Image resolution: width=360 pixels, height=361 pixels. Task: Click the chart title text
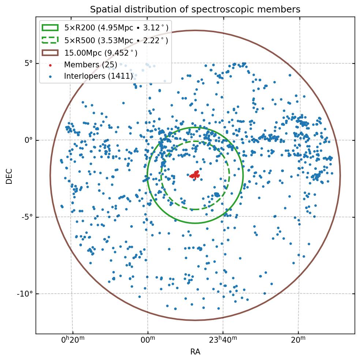tap(195, 10)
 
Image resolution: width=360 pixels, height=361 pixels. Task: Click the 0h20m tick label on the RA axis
tap(73, 340)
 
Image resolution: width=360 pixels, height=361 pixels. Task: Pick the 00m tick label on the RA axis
tap(148, 340)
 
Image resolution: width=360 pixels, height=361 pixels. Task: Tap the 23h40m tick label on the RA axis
tap(223, 340)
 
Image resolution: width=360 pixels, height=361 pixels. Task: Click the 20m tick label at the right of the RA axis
tap(299, 340)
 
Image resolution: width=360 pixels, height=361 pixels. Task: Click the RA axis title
tap(195, 352)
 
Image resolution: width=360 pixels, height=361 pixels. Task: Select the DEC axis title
tap(9, 176)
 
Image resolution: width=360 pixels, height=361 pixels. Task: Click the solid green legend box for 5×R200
tap(50, 27)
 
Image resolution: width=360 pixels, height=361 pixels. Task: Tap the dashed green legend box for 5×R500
tap(50, 40)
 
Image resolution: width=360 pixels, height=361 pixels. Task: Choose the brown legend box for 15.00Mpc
tap(50, 53)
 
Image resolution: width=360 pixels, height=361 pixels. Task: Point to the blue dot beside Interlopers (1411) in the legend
tap(50, 77)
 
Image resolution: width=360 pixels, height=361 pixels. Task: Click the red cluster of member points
tap(195, 175)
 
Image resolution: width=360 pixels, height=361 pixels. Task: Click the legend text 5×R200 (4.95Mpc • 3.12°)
tap(116, 27)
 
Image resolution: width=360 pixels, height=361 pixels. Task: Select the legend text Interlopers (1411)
tap(98, 77)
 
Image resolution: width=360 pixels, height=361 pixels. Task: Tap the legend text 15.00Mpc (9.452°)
tap(101, 53)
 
